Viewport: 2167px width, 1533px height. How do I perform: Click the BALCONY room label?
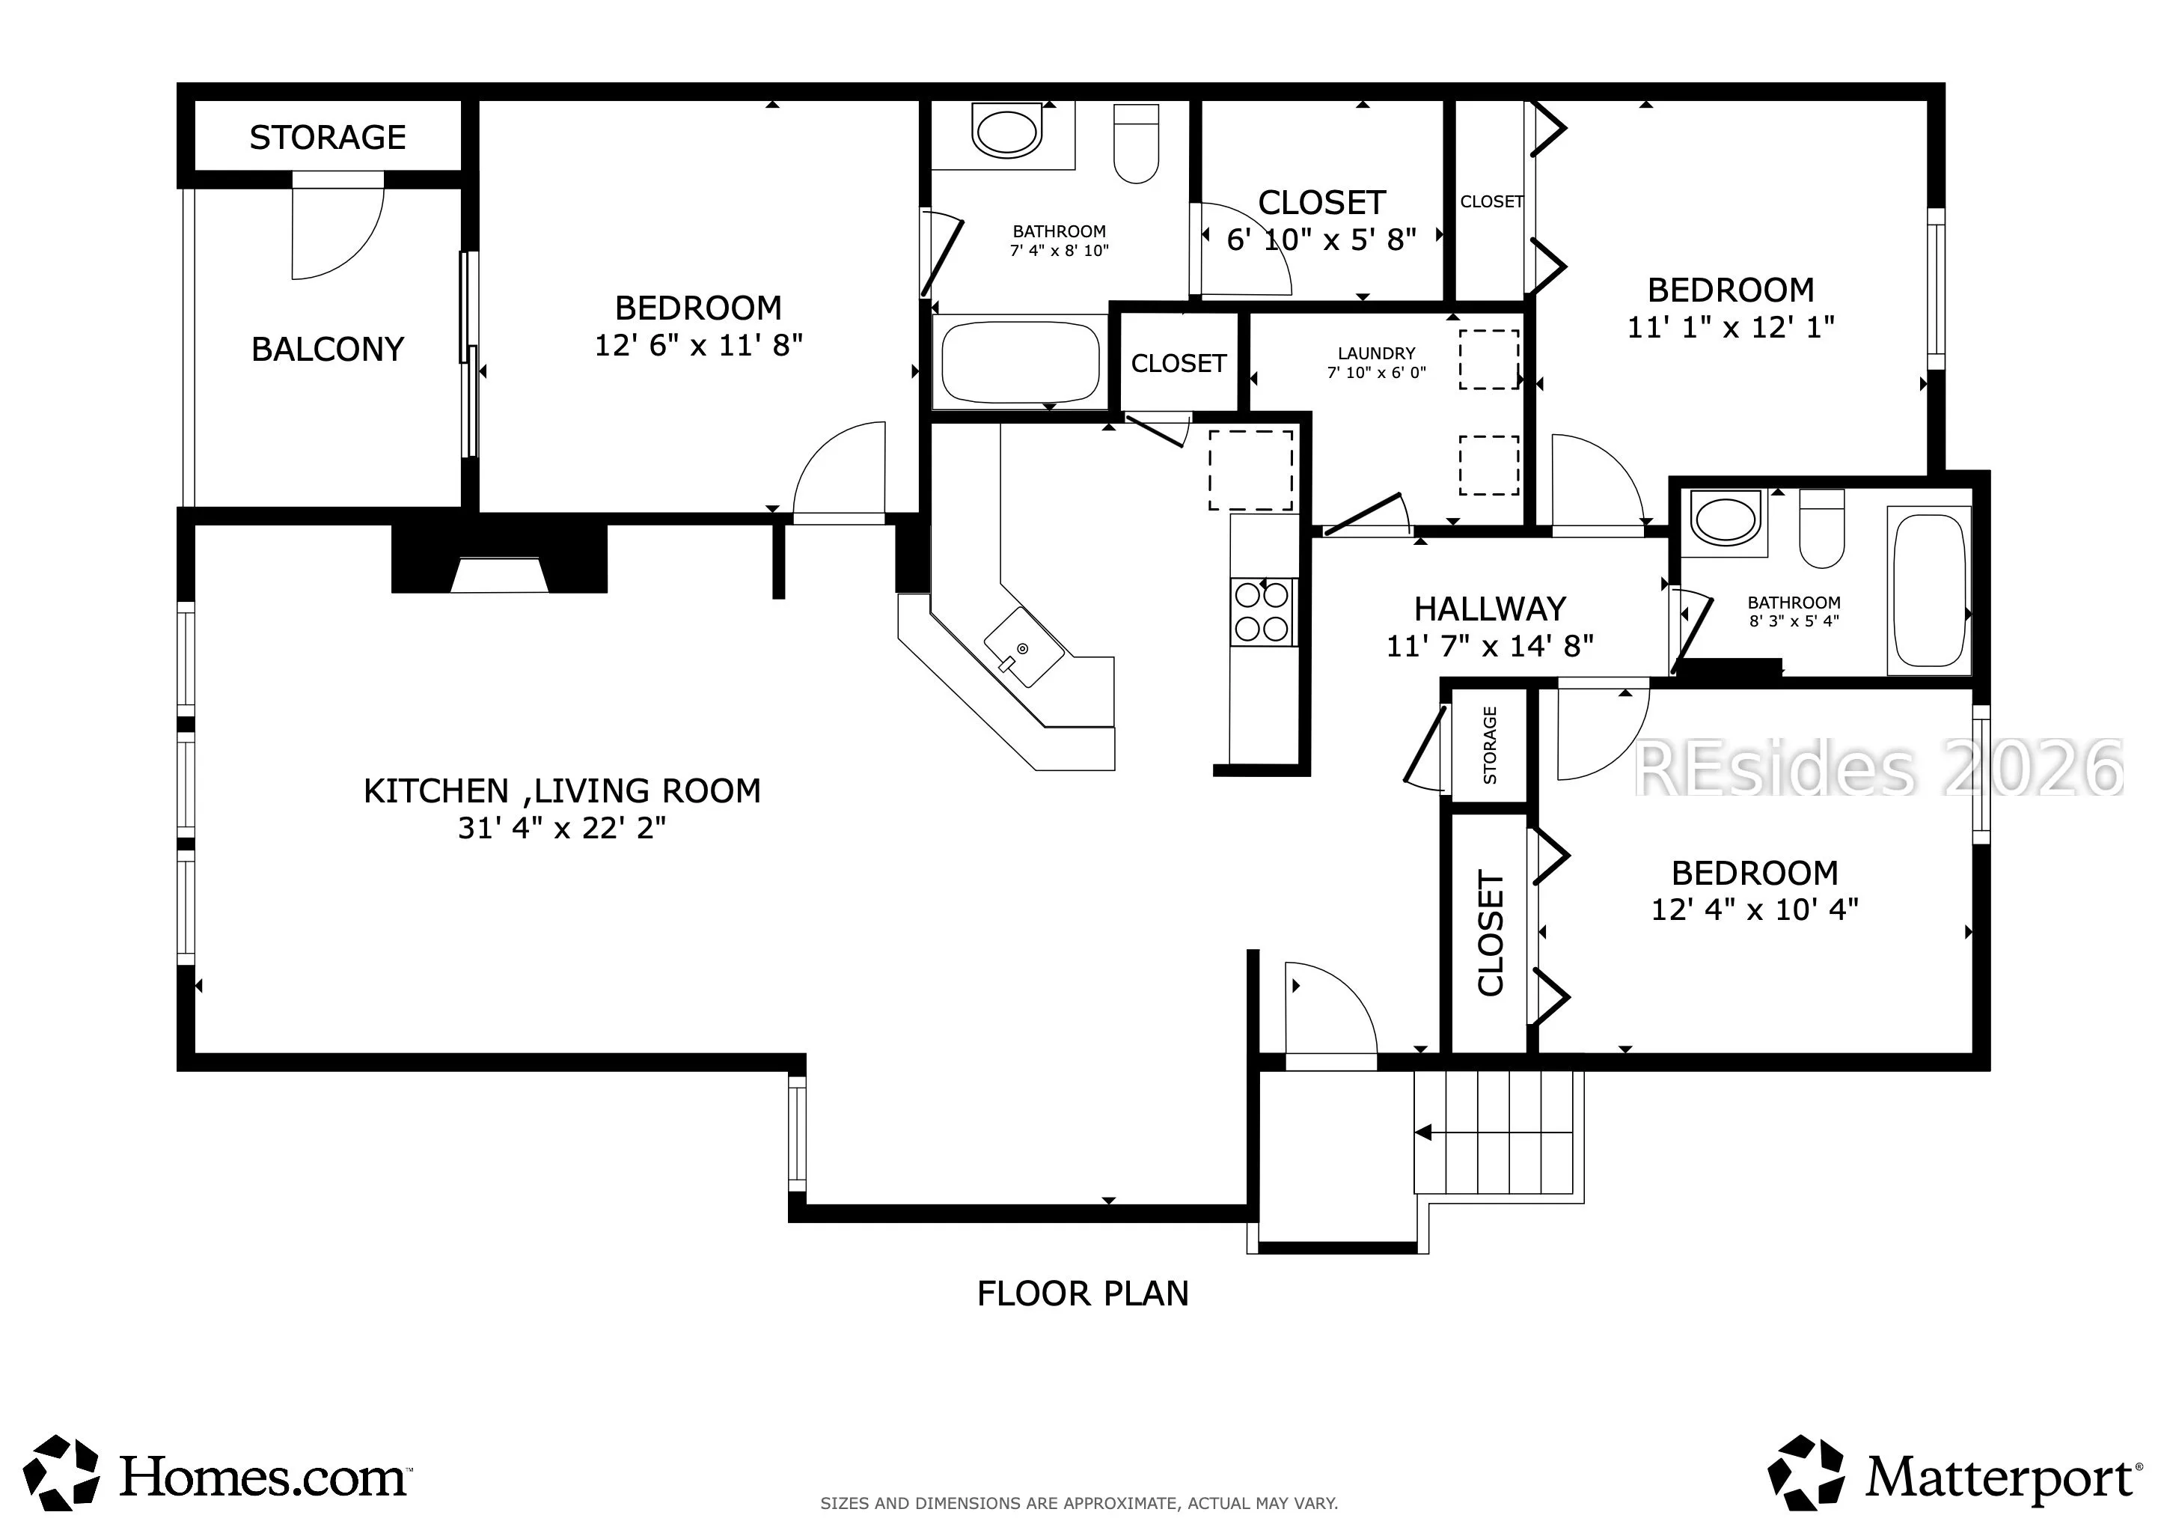pos(328,350)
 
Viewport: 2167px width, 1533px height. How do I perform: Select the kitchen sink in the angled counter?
pos(1024,647)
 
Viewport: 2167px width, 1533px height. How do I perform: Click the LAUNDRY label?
pos(1376,353)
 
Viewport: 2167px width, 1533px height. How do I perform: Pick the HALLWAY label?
pos(1491,609)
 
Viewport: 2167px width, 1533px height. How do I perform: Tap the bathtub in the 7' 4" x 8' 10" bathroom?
pos(1020,362)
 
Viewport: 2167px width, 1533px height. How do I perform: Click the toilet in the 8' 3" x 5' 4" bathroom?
pos(1821,528)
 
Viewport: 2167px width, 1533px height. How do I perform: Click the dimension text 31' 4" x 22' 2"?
pos(563,828)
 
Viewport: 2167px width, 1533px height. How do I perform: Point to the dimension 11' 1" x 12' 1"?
pos(1731,326)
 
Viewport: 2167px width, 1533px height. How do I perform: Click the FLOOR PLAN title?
pos(1083,1293)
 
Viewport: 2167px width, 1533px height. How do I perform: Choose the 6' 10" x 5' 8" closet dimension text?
pos(1321,240)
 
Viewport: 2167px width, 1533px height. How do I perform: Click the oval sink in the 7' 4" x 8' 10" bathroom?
pos(1006,133)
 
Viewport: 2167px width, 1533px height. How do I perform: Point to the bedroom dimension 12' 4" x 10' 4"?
pos(1755,909)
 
